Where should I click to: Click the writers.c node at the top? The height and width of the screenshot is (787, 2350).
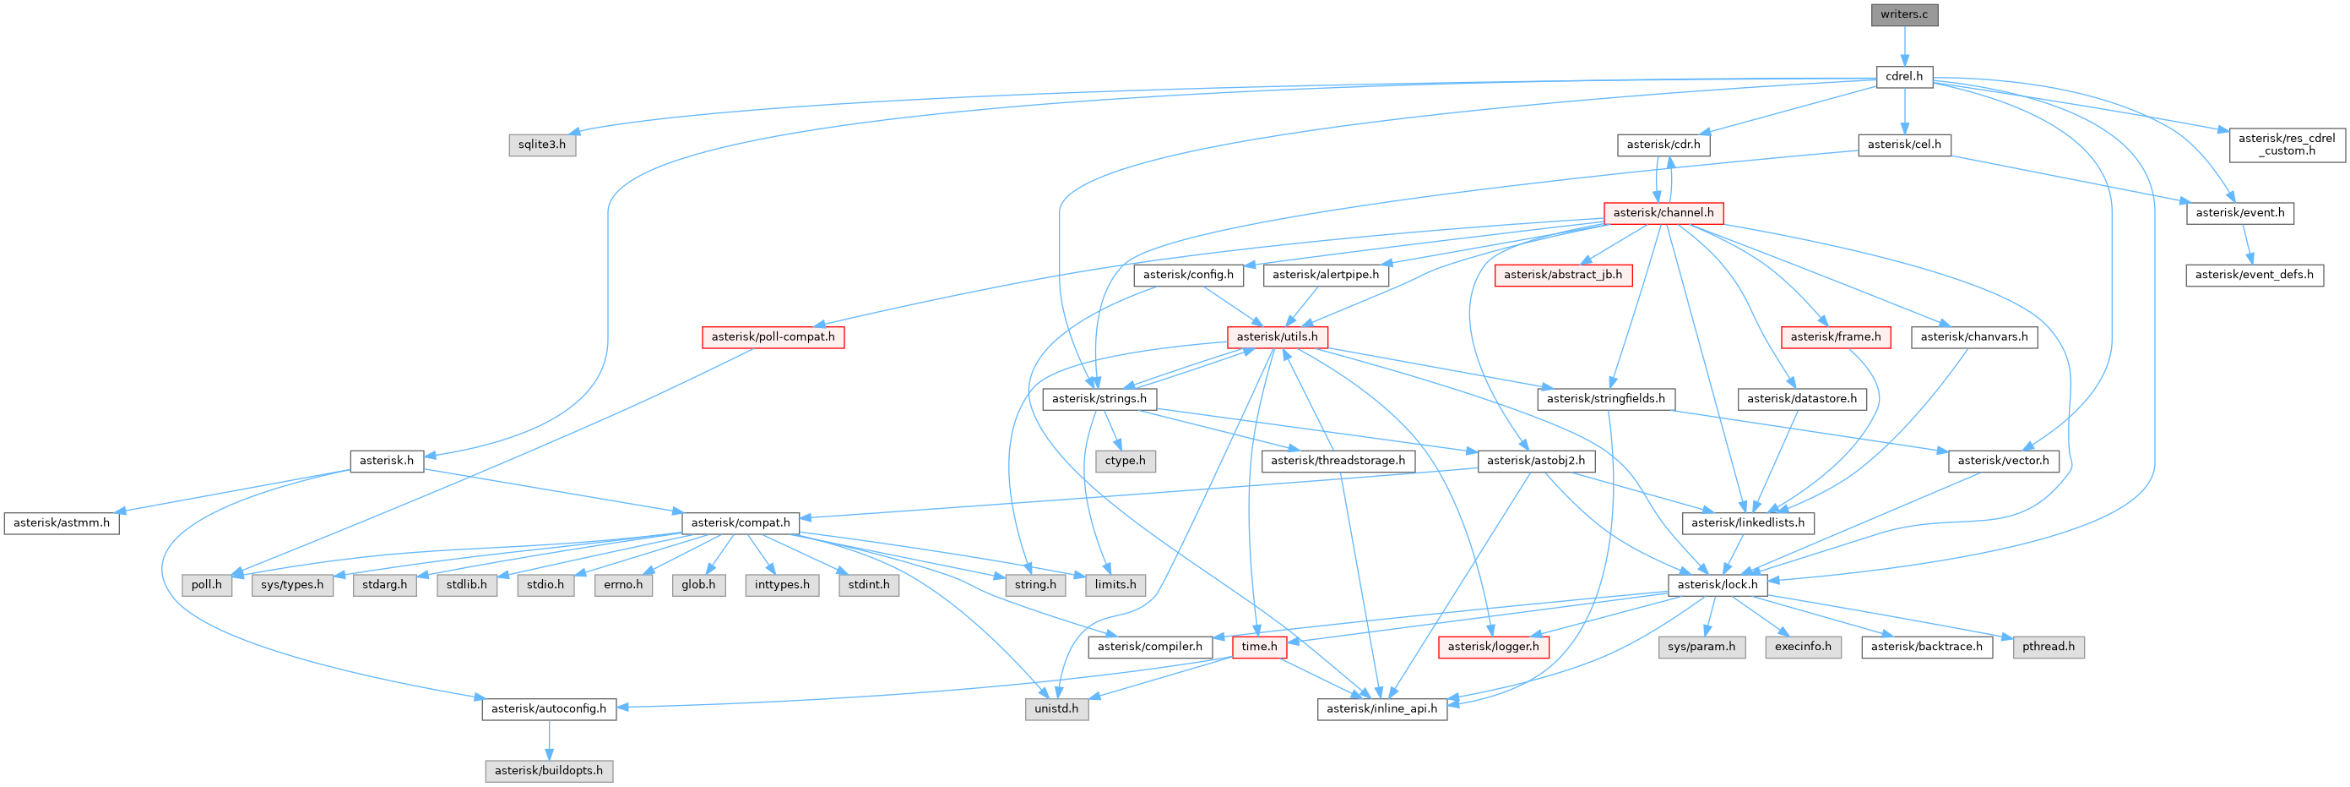coord(1904,14)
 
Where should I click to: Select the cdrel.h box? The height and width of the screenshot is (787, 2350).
coord(1904,77)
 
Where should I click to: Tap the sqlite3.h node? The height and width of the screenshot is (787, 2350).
coord(542,145)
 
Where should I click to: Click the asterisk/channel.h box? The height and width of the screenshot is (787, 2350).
coord(1663,213)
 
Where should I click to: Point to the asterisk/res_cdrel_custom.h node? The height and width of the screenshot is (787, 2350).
coord(2286,145)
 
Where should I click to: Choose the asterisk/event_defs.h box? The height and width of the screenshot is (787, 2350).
coord(2253,275)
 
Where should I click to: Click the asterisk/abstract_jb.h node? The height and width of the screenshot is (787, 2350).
coord(1563,275)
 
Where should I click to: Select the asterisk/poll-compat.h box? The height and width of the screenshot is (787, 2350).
coord(773,337)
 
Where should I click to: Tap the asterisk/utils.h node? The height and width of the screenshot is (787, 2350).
coord(1276,337)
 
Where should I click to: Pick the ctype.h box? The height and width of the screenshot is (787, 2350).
coord(1125,461)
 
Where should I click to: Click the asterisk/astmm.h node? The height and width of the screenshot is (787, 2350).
coord(61,523)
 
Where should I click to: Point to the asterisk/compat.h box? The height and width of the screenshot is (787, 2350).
coord(740,523)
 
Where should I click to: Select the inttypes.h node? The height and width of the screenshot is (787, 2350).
coord(782,585)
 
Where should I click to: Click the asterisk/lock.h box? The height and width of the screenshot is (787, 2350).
coord(1717,585)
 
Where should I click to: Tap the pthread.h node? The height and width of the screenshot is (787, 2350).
coord(2048,647)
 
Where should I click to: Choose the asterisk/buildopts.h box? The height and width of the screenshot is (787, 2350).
coord(548,771)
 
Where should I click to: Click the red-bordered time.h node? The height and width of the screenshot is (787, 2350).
coord(1259,647)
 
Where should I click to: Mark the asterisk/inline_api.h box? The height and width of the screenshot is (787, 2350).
coord(1381,708)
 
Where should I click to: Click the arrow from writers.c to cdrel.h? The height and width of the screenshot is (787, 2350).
coord(1904,46)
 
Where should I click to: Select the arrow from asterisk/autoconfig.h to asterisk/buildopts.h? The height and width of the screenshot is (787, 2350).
coord(548,740)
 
